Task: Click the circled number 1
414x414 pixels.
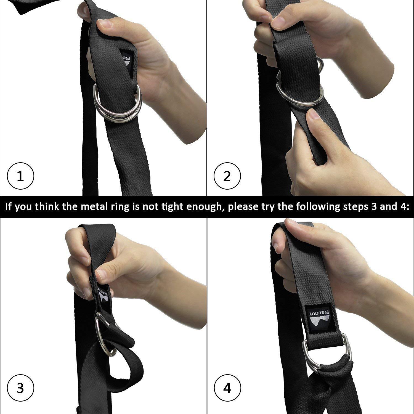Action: pos(20,176)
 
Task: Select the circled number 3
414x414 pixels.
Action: pos(20,388)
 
